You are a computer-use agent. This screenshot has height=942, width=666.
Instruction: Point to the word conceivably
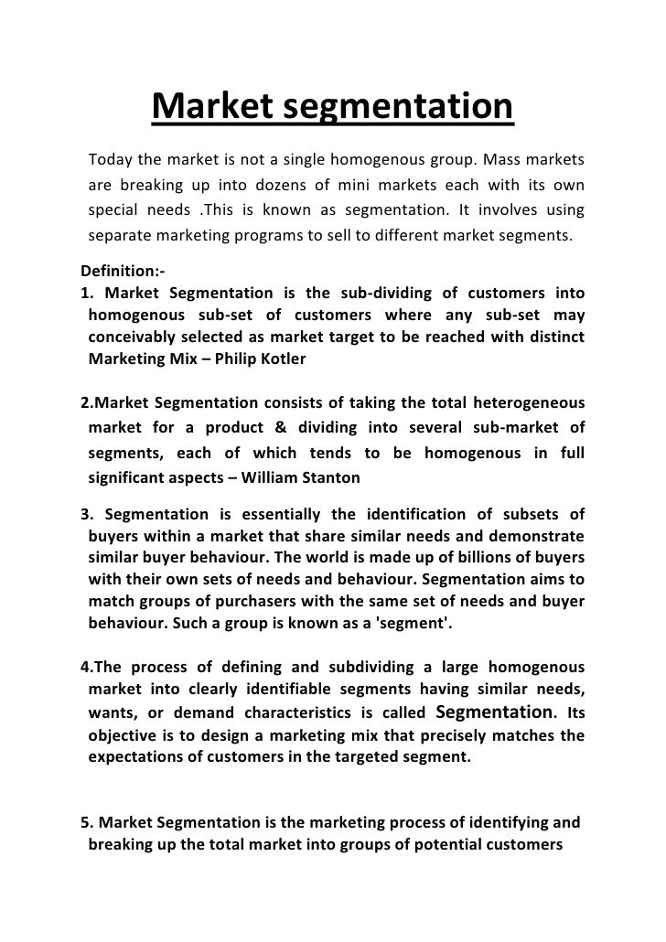point(133,337)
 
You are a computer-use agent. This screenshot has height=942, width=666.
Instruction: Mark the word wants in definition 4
point(111,713)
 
